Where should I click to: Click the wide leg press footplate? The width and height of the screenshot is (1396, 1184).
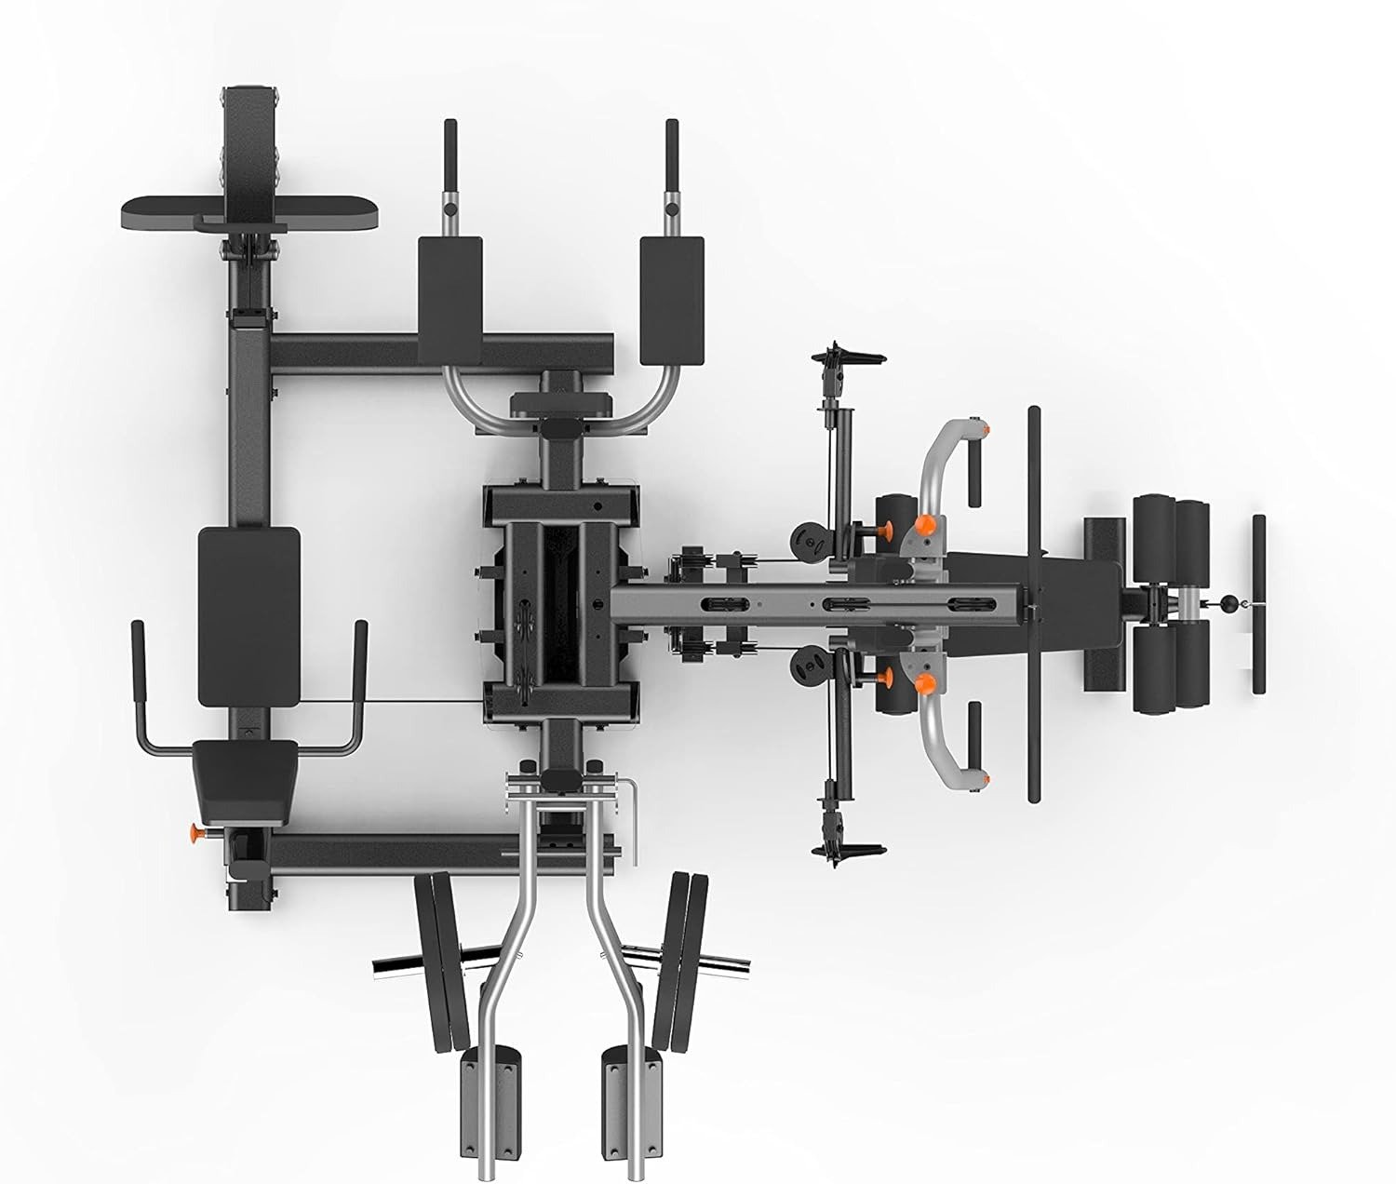click(x=249, y=213)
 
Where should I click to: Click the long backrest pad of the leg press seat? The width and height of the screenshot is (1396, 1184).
click(x=249, y=615)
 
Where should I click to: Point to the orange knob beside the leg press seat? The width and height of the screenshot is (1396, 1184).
click(x=196, y=830)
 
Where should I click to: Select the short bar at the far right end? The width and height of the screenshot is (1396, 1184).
click(x=1258, y=604)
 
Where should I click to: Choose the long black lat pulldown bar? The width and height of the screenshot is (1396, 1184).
click(x=1033, y=604)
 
